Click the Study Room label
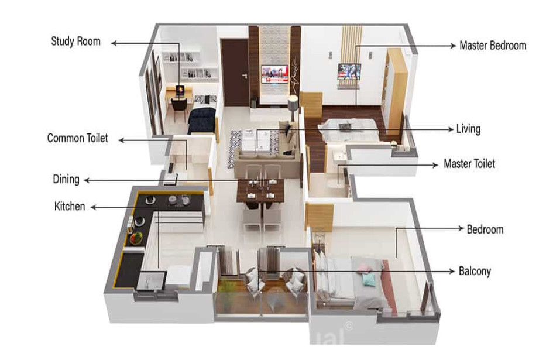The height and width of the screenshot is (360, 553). pos(76,42)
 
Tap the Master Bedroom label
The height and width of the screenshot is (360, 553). pos(493,46)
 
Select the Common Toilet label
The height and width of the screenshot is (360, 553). pos(78,138)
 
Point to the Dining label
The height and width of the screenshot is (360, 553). pos(66,179)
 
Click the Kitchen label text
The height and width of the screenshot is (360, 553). pos(70,206)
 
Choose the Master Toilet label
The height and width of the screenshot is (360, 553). pos(469,164)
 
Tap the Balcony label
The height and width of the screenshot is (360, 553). pos(475,272)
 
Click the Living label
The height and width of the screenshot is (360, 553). pos(468,129)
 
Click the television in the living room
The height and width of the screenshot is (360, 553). pos(274,74)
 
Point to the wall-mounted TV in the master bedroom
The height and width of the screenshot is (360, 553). pos(349,71)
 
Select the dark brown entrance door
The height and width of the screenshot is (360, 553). pos(235,73)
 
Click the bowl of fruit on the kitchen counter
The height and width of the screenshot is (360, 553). pos(136,238)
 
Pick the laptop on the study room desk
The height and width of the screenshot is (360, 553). pos(180,90)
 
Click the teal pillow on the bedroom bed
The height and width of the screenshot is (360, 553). pos(369,279)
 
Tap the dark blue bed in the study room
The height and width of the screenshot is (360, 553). pos(201,121)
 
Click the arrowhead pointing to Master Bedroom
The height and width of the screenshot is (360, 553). pos(453,46)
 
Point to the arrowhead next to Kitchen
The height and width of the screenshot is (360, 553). pos(94,207)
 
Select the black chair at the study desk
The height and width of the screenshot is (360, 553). pos(180,108)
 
